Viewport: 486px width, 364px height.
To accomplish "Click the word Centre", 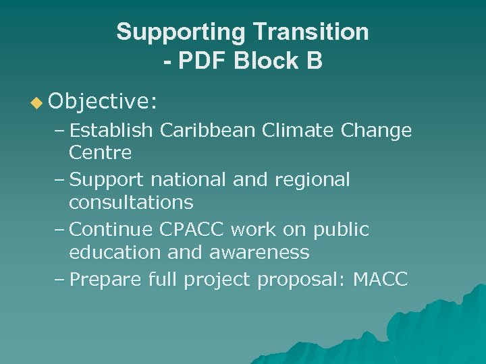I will coord(100,153).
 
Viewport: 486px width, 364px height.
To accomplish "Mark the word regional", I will coord(315,180).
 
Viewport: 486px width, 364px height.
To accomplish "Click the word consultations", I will coord(131,202).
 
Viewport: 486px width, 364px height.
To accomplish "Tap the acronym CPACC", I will coord(194,230).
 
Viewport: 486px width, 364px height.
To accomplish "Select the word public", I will coord(341,230).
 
